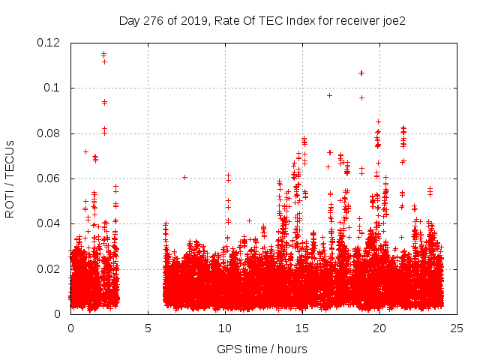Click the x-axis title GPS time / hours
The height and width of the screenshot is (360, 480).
262,349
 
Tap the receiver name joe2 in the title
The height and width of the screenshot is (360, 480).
391,20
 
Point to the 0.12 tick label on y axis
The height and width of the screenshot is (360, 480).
50,43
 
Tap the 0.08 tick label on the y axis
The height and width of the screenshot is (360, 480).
50,133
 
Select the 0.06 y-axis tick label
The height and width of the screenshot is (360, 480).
50,178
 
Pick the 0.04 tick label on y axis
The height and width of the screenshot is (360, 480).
50,223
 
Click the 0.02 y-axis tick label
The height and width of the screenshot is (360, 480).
50,268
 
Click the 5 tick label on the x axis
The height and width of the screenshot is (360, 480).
148,328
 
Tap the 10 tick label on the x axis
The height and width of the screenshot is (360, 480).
225,328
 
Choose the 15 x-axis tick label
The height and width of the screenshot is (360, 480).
302,328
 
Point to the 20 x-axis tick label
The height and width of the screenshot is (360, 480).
379,328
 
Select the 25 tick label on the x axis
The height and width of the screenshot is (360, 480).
457,328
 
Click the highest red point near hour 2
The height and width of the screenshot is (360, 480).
103,53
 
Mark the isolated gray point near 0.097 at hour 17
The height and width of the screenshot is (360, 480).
329,95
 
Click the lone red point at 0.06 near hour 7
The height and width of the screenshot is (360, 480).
184,177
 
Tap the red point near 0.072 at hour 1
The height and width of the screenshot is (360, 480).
85,151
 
